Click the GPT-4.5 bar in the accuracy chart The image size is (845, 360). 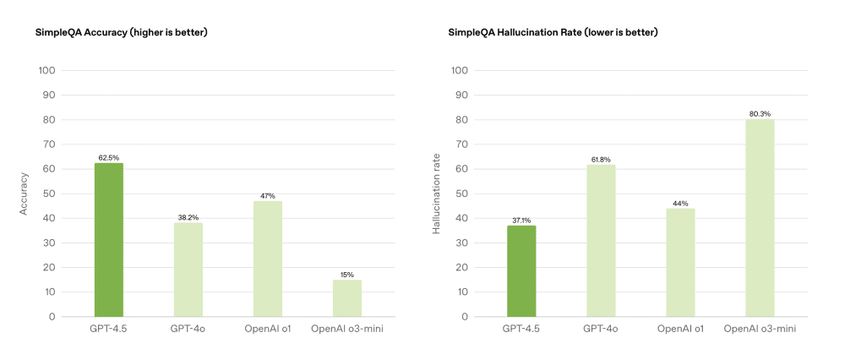[109, 240]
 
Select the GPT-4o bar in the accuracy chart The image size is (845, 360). [188, 270]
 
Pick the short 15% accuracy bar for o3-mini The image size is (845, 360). [347, 298]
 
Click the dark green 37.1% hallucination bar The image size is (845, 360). [521, 271]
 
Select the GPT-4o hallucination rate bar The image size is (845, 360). [601, 241]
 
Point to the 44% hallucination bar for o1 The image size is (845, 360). [680, 263]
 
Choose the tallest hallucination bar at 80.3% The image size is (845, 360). [760, 218]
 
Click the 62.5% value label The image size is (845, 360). [109, 157]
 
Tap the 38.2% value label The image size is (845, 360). [188, 217]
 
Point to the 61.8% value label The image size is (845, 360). [601, 159]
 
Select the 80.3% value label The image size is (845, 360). [760, 113]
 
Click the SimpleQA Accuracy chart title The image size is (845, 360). [121, 33]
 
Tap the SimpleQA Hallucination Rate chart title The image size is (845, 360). [553, 33]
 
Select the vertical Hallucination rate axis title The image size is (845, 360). [437, 194]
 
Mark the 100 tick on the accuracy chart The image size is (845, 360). [47, 70]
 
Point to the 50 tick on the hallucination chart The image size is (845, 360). [461, 194]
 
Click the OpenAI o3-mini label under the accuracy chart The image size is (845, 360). [347, 327]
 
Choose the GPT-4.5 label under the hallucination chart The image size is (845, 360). [521, 327]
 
